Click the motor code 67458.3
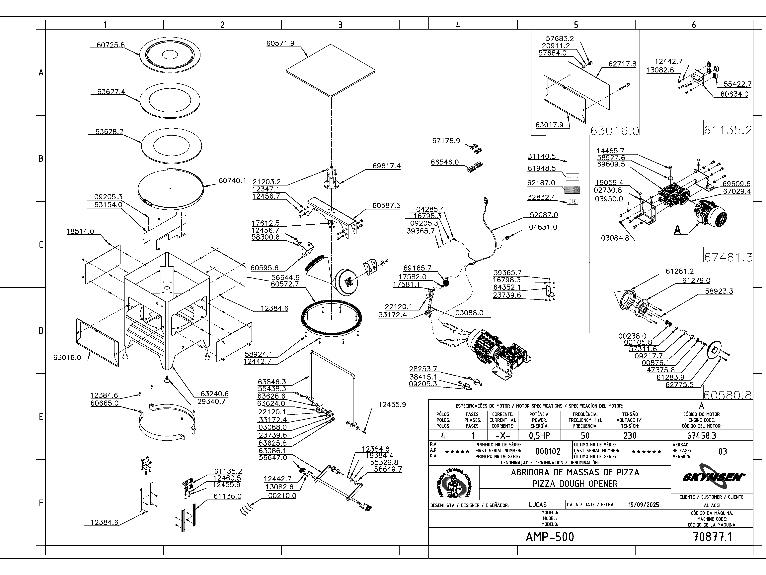(701, 435)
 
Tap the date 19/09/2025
(643, 505)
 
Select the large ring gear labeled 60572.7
(333, 319)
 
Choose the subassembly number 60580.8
(728, 395)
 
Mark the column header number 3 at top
(340, 25)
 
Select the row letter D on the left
(41, 331)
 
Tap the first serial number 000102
(548, 451)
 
